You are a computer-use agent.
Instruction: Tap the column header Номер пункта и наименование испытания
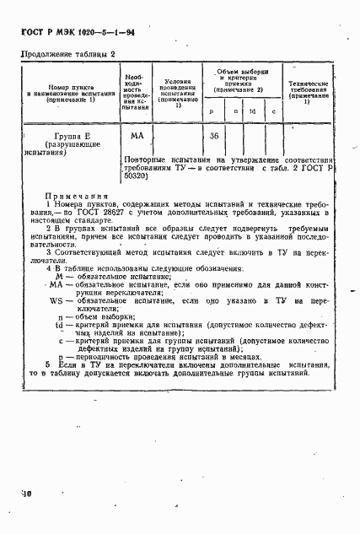[x=57, y=90]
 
